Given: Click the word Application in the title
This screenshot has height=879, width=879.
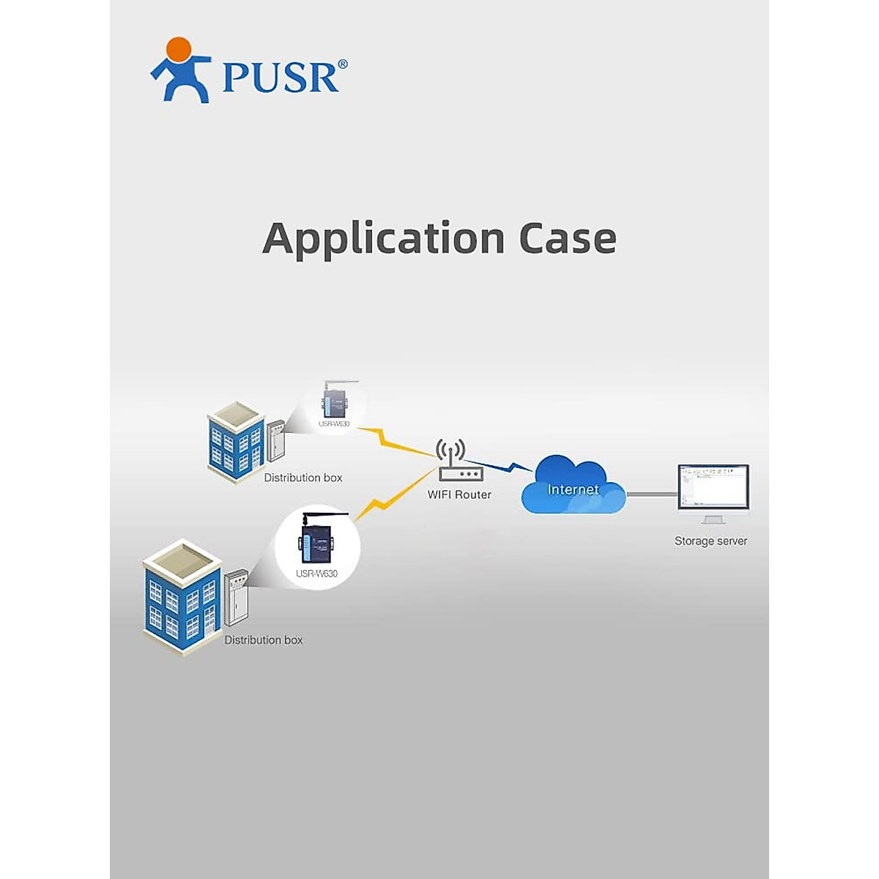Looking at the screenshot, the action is click(383, 239).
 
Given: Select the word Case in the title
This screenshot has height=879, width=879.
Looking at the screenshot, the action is click(568, 239).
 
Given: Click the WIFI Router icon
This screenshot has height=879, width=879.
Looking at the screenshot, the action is click(459, 461).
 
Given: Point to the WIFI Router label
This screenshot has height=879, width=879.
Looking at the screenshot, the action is click(459, 494).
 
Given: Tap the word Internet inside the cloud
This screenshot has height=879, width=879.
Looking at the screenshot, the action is click(573, 489).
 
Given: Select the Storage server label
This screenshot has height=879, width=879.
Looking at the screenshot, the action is click(711, 541).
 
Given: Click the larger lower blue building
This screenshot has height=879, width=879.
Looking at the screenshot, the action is click(182, 597).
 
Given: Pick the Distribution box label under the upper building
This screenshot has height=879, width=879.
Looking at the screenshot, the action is click(303, 478).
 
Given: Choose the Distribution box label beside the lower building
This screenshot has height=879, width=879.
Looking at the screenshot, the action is click(263, 639).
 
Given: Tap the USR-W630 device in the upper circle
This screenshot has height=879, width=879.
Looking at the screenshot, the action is click(334, 403).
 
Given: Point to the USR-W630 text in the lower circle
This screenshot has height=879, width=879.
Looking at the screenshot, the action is click(316, 574).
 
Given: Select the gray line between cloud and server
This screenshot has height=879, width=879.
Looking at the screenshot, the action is click(651, 494).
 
